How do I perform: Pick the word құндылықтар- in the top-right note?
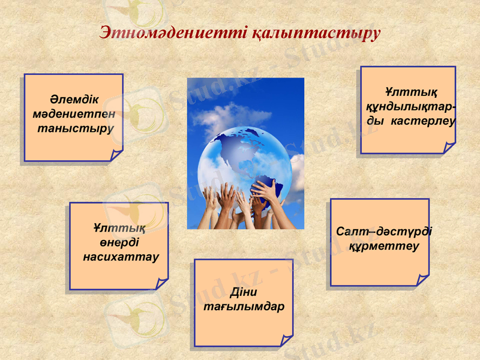point(410,107)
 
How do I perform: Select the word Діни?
point(243,293)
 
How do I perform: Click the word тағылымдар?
point(244,307)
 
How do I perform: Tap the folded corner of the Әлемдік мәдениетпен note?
point(116,156)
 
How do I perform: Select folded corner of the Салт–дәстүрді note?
point(422,280)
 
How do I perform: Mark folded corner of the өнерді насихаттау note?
point(161,284)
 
